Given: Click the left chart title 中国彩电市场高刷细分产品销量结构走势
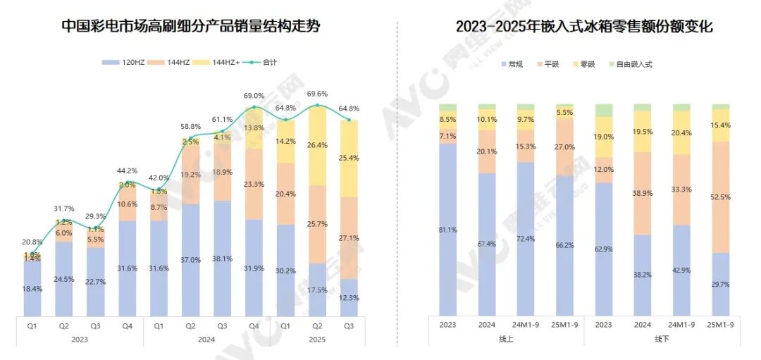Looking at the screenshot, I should (190, 27).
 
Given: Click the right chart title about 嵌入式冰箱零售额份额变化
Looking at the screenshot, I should (584, 27).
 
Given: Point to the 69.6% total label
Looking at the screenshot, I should (318, 94).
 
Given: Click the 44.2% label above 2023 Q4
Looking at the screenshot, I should (127, 170).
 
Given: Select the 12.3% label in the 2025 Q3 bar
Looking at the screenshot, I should (349, 298).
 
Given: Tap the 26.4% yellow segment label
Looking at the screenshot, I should (318, 146).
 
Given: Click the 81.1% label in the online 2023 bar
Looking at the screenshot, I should (448, 230).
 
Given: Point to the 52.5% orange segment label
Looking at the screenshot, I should (720, 197).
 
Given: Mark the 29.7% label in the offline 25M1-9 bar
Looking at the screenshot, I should (720, 284).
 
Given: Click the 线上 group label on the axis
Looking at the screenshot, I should (507, 339).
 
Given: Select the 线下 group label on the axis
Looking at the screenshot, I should (662, 339).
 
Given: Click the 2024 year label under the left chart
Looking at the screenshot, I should (206, 339).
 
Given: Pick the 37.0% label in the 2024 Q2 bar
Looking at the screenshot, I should (190, 259).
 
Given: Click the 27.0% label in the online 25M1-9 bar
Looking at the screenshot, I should (565, 147).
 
